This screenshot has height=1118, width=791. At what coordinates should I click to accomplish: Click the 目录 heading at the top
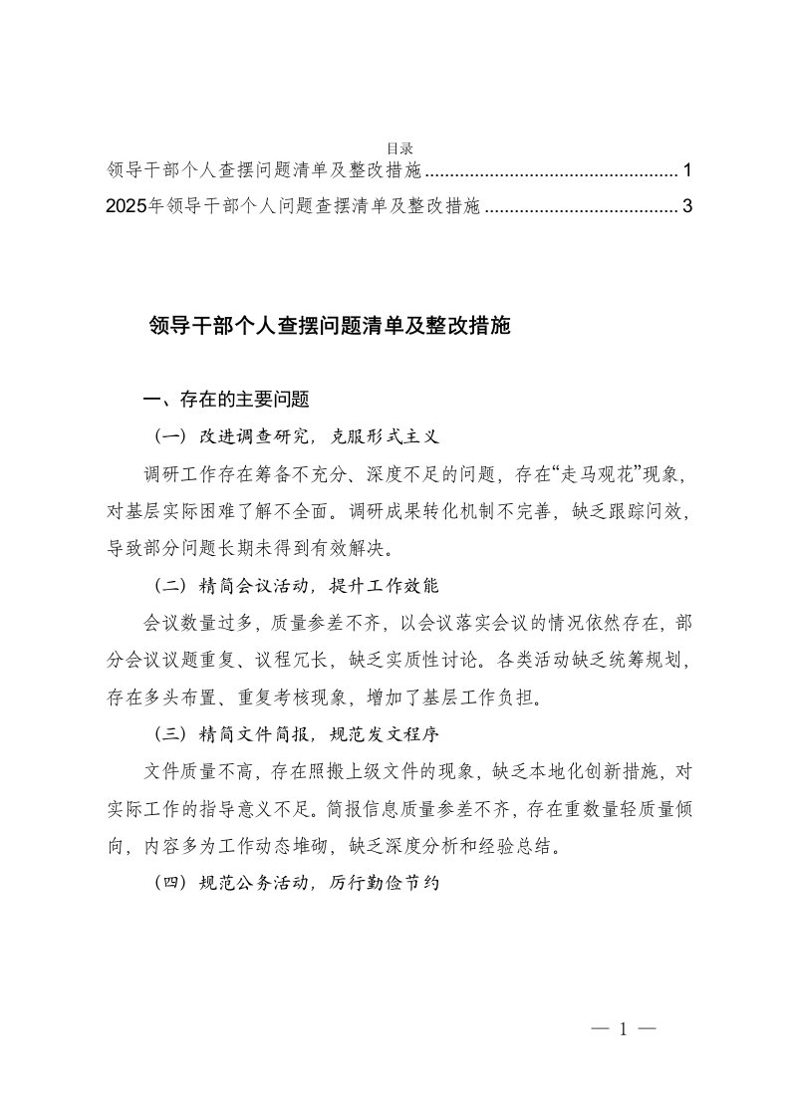[x=399, y=148]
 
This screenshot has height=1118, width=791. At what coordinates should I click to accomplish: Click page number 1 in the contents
[x=687, y=170]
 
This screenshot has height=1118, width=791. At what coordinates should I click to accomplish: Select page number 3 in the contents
[x=687, y=206]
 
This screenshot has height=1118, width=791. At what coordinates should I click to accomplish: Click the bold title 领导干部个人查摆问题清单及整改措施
[x=329, y=325]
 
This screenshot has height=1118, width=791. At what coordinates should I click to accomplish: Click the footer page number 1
[x=620, y=1030]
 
